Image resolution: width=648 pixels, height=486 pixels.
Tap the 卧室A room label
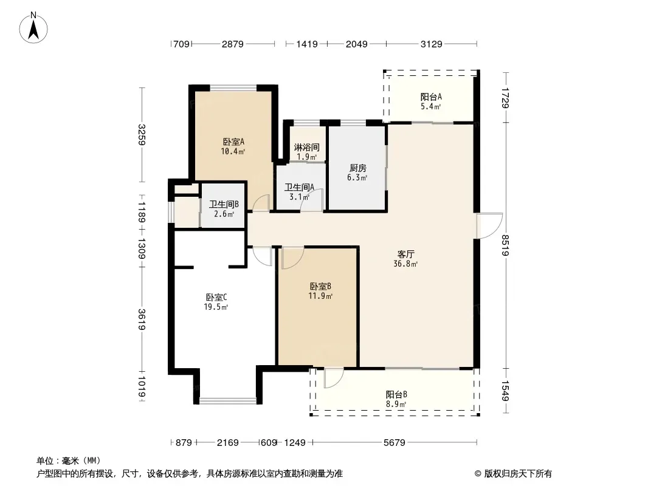[233, 142]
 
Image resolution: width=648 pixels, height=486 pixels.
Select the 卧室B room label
[321, 287]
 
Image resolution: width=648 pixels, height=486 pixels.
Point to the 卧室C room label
[216, 297]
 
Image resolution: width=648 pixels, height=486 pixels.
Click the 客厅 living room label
[406, 255]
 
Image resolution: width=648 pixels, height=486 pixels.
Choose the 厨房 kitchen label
[358, 168]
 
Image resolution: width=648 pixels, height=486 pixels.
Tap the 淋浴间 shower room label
[306, 148]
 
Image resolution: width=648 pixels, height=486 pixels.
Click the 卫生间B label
[224, 204]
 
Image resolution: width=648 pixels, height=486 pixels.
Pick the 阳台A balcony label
[431, 97]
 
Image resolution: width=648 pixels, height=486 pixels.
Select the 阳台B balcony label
[397, 395]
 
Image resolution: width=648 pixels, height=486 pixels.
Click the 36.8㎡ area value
[405, 264]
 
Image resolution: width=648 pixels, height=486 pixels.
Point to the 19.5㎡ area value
[216, 307]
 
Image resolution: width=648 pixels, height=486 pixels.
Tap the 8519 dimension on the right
[505, 245]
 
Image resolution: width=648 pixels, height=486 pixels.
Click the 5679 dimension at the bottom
[395, 443]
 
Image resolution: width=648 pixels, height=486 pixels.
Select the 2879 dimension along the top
[233, 44]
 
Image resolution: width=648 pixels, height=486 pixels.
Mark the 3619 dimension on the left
[142, 319]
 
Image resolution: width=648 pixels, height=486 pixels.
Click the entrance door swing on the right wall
[490, 225]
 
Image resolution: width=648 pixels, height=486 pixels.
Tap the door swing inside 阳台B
[334, 378]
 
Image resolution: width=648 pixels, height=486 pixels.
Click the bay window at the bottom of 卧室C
[228, 400]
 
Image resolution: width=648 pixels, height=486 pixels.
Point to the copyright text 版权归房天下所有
[518, 474]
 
